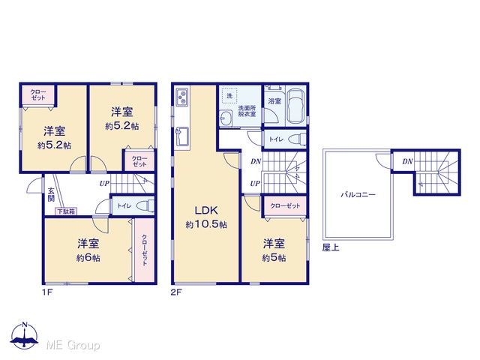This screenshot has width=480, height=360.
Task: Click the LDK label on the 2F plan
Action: point(206,210)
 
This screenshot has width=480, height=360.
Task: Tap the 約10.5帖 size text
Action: point(206,225)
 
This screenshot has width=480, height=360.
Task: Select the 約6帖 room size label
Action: point(88,258)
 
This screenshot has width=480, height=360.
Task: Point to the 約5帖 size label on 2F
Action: point(274,258)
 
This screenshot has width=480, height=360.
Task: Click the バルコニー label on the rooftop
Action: point(358,194)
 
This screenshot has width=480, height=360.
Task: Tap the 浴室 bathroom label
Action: point(274,100)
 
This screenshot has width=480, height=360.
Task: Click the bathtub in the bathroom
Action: point(296,106)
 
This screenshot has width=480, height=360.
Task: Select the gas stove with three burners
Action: point(181,97)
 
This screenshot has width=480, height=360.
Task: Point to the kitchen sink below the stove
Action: point(182,136)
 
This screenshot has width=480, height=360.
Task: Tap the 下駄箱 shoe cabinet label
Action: point(66,211)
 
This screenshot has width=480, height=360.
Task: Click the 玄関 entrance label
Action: point(51,195)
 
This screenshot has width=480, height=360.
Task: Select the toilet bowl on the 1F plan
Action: point(145,205)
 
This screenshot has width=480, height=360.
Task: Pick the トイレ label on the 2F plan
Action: point(276,139)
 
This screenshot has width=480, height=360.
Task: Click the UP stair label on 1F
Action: point(104,184)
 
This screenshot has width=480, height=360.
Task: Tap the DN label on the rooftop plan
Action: point(408,161)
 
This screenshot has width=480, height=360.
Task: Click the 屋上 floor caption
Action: point(331,247)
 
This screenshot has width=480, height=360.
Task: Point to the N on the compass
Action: point(25,325)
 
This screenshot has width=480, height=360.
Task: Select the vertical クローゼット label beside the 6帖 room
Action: point(145,250)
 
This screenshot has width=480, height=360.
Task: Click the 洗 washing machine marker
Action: point(229,96)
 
